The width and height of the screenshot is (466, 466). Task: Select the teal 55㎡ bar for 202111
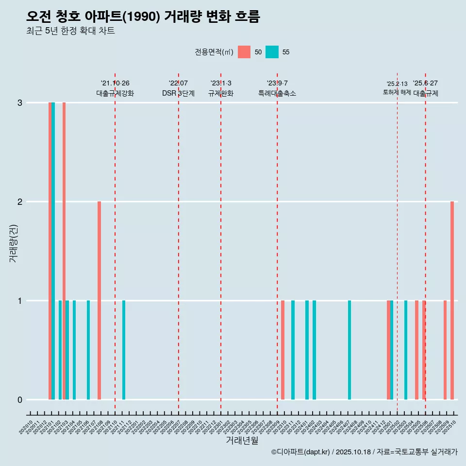(x=124, y=350)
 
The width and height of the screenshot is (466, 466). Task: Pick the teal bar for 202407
(x=349, y=350)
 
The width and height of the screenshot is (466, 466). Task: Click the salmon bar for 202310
(x=283, y=350)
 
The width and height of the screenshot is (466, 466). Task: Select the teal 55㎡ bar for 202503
(x=406, y=350)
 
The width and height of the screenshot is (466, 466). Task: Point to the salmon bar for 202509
(x=445, y=350)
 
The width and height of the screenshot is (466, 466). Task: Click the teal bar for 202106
(x=88, y=350)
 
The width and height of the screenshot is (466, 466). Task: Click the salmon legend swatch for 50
(x=244, y=52)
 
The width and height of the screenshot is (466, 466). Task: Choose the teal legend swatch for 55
(x=272, y=52)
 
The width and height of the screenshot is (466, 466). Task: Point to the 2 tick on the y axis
(x=20, y=201)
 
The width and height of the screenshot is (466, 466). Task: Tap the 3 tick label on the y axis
(x=20, y=103)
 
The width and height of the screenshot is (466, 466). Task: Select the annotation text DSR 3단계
(x=178, y=93)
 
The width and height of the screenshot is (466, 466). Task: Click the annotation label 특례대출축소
(x=277, y=93)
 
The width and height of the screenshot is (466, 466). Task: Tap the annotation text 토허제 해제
(x=397, y=92)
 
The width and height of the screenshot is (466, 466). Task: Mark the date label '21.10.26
(x=115, y=83)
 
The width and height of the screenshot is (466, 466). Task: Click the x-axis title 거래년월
(x=242, y=440)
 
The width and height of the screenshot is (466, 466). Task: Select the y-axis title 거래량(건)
(x=14, y=243)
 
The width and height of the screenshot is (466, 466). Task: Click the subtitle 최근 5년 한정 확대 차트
(x=70, y=31)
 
